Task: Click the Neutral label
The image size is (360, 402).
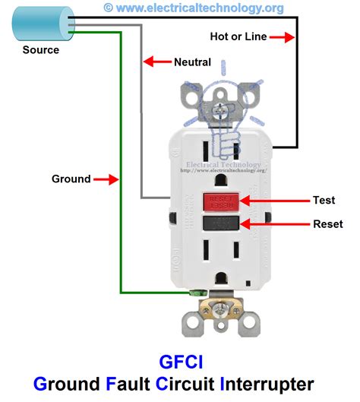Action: point(192,62)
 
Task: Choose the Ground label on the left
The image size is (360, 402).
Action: point(71,179)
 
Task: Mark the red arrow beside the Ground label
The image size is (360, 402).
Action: point(107,179)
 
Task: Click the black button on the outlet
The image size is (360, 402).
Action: point(221,223)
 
